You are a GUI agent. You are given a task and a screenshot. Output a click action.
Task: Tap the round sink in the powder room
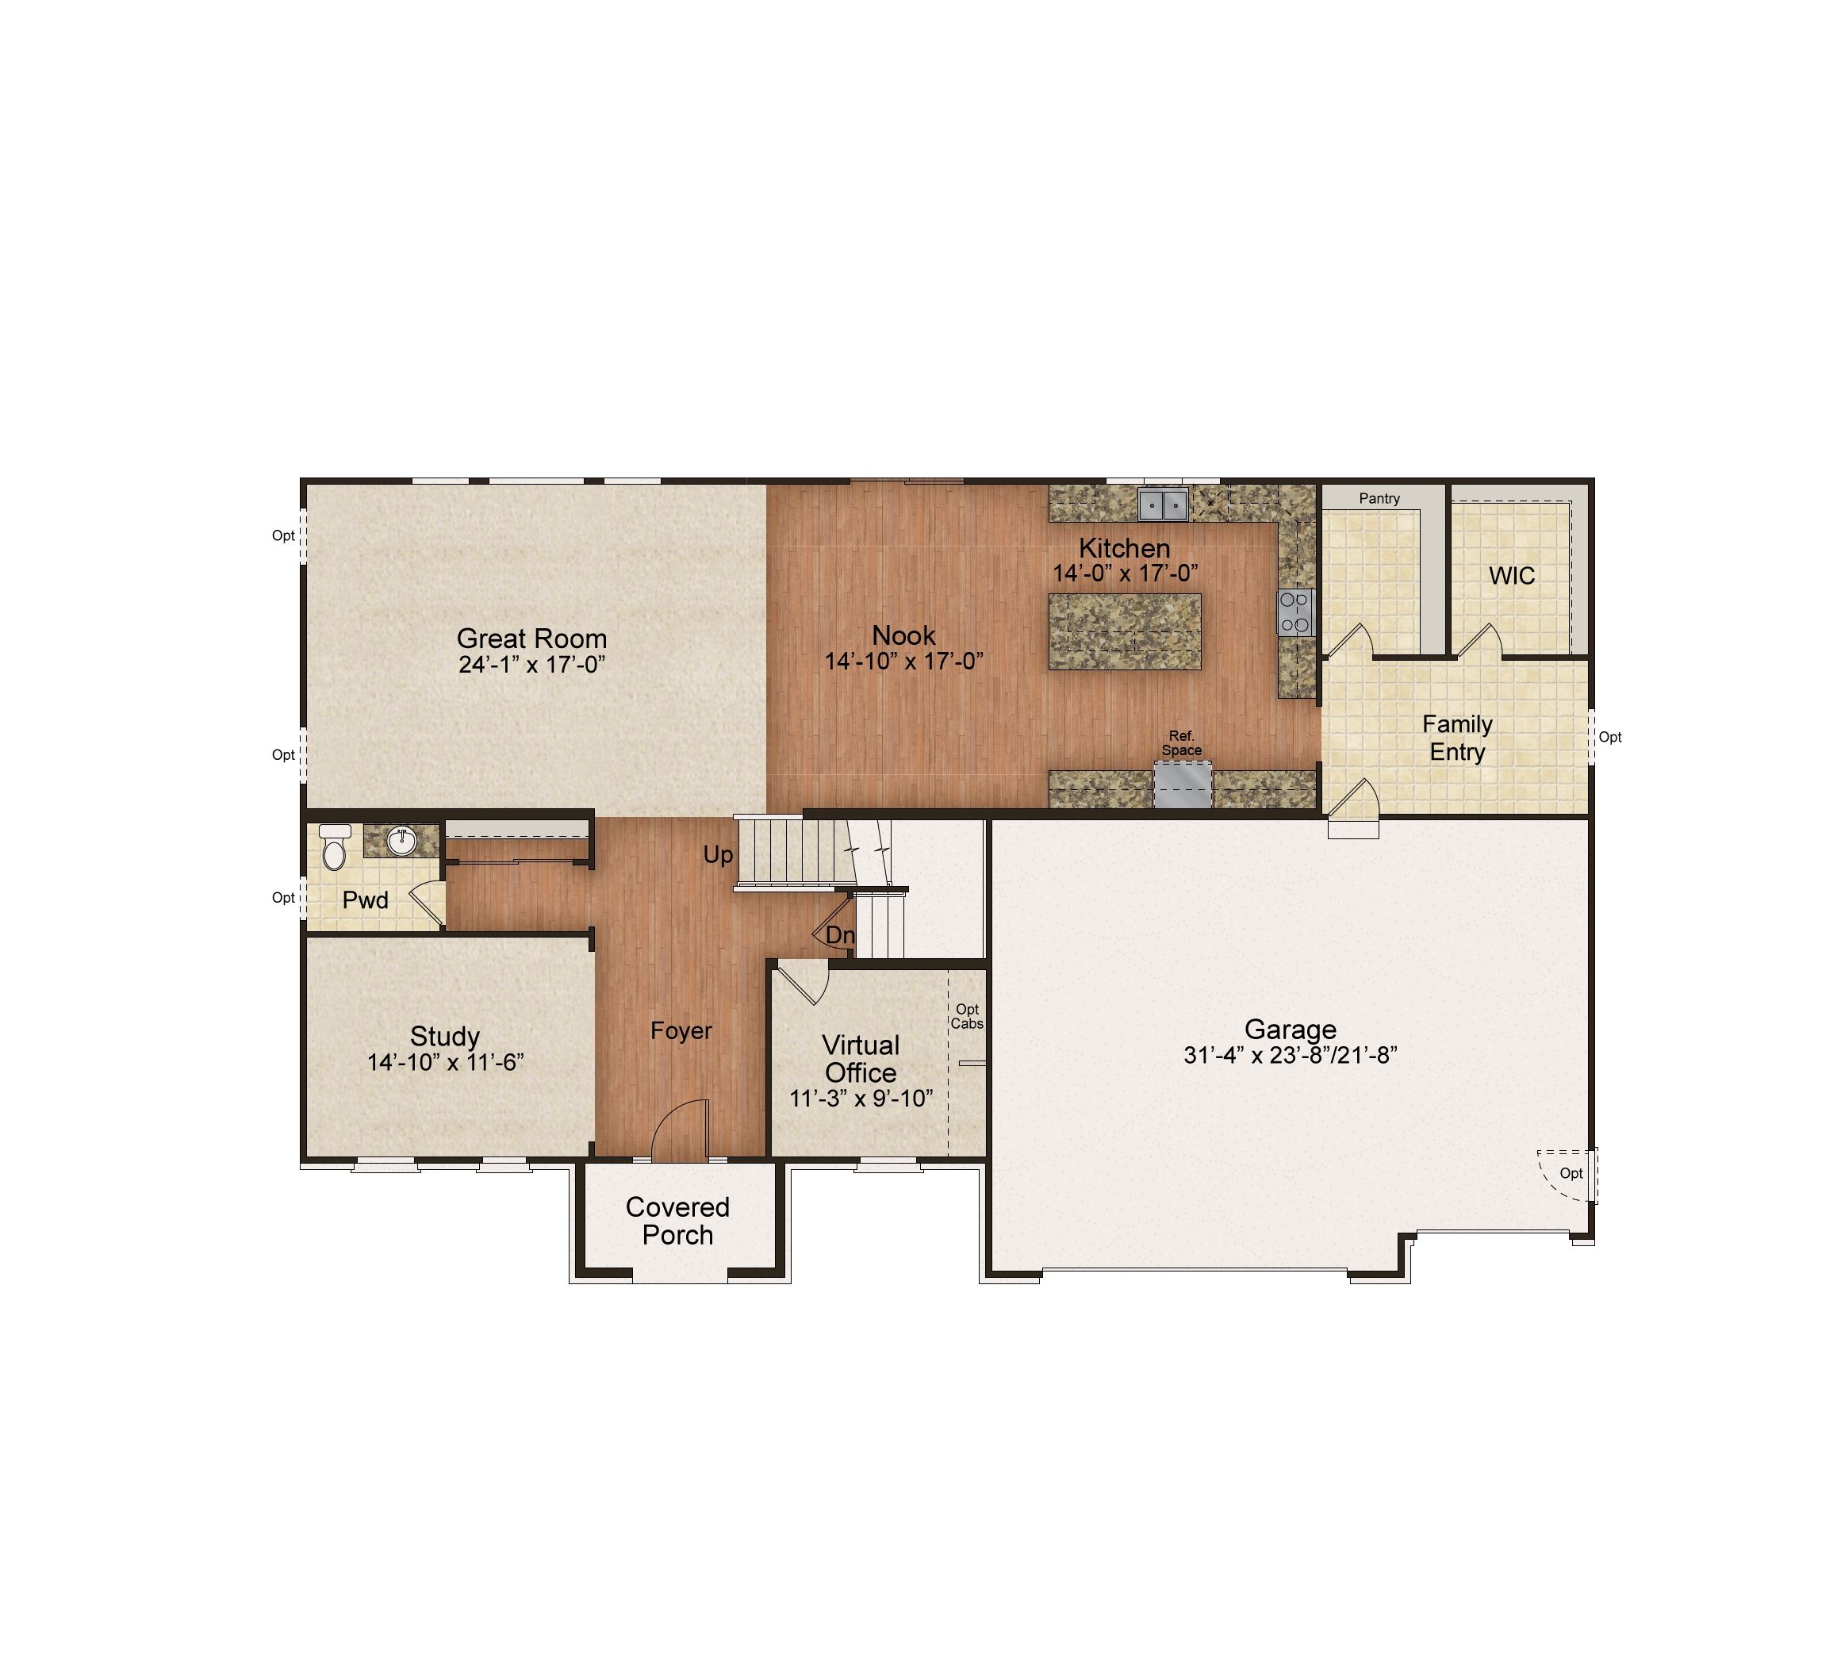[x=402, y=841]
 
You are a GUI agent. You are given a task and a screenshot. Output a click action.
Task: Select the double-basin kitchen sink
[x=1163, y=504]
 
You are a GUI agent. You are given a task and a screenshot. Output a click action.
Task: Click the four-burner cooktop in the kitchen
[x=1295, y=612]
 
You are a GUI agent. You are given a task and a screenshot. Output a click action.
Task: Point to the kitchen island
[x=1125, y=632]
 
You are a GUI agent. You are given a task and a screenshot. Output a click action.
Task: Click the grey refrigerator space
[x=1183, y=785]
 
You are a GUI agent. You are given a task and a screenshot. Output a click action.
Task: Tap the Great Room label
[x=531, y=639]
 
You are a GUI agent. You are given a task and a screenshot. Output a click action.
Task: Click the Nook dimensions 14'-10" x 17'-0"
[x=904, y=661]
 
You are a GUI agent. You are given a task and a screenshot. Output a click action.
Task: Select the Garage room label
[x=1291, y=1029]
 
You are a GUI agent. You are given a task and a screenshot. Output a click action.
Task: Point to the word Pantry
[x=1379, y=498]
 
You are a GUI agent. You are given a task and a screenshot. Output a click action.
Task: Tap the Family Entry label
[x=1457, y=738]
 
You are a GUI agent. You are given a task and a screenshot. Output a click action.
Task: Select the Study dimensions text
[x=446, y=1063]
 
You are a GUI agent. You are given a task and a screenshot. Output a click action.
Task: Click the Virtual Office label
[x=861, y=1058]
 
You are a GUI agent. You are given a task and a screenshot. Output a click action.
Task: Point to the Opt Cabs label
[x=967, y=1016]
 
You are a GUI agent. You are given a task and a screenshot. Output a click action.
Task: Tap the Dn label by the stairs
[x=840, y=935]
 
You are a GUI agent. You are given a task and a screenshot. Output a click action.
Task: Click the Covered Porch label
[x=677, y=1221]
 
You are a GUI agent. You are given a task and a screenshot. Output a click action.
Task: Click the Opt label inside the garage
[x=1571, y=1173]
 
